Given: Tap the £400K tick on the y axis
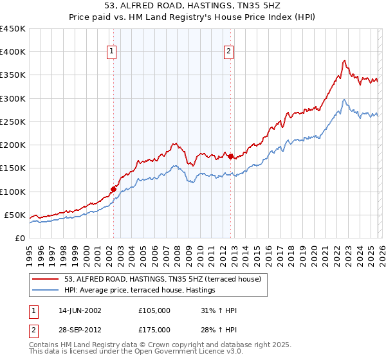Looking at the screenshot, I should click(12, 52).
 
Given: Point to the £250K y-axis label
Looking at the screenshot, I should click(12, 122).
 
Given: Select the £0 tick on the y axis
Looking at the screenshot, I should click(20, 238).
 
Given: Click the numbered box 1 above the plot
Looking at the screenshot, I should click(112, 53).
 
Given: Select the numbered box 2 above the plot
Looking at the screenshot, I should click(229, 53).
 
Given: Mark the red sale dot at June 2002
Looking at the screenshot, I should click(113, 189).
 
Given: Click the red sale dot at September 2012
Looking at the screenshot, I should click(230, 156).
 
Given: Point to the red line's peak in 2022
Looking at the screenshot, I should click(345, 60).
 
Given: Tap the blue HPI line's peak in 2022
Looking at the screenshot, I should click(345, 100).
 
